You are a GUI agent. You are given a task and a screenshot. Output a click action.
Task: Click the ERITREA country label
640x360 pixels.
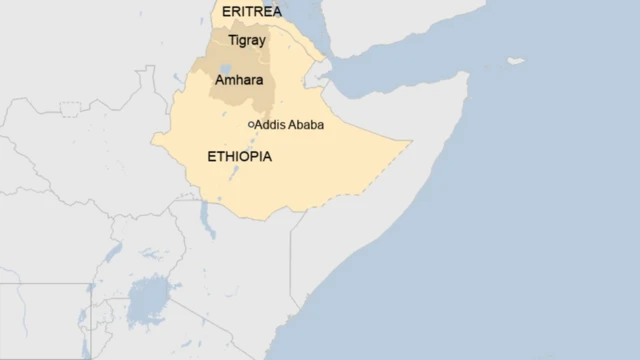[x=252, y=11]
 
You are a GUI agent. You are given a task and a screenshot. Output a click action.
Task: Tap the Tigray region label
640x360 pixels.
[x=248, y=40]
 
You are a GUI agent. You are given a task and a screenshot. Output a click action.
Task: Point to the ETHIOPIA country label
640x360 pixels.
[x=239, y=157]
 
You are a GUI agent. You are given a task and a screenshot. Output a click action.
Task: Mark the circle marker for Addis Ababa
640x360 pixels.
[x=251, y=125]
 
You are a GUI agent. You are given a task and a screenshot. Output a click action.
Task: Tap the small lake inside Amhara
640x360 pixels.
[x=226, y=71]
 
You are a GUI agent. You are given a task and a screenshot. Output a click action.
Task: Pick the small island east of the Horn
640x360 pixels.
[x=515, y=61]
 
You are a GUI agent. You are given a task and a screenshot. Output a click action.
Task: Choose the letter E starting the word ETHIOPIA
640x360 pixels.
[x=210, y=157]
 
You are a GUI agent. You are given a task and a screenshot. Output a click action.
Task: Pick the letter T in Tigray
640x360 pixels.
[x=232, y=40]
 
